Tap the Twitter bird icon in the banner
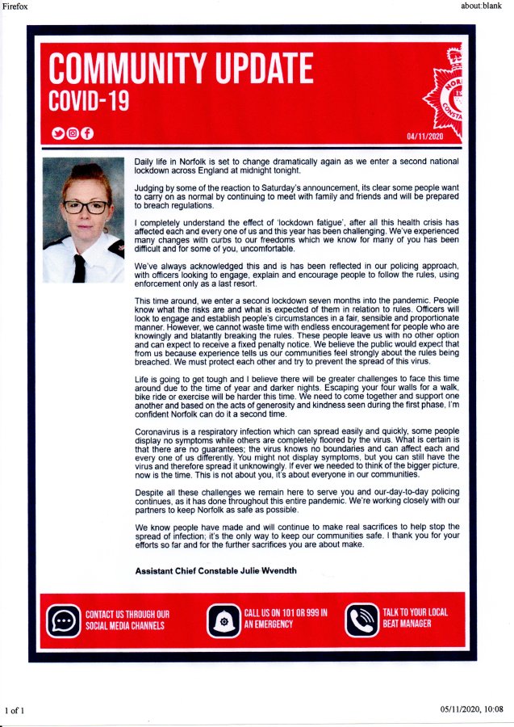coord(57,133)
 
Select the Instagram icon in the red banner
coord(72,133)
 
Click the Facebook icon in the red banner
coord(86,133)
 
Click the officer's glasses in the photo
coord(85,207)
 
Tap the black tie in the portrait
coord(80,267)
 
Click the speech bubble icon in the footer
coord(62,620)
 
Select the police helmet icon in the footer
coord(223,620)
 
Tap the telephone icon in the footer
coord(361,620)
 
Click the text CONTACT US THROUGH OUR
coord(127,614)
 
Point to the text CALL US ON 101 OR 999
coord(285,614)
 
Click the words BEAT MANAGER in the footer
coord(407,624)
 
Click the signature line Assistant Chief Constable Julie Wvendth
coord(215,571)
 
